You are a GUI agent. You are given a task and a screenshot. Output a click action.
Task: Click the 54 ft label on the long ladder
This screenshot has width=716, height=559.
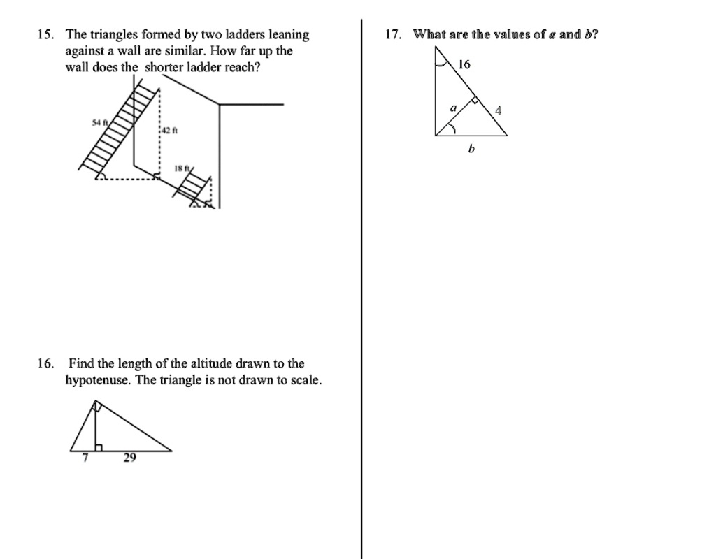point(99,122)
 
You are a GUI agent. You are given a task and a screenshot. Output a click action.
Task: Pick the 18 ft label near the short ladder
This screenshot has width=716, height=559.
point(181,169)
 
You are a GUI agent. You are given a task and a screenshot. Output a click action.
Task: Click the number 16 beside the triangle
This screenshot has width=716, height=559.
point(465,65)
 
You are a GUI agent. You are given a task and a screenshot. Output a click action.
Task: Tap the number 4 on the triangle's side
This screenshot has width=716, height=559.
point(498,110)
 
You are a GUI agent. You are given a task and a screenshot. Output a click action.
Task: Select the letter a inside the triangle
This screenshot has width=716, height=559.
point(452,108)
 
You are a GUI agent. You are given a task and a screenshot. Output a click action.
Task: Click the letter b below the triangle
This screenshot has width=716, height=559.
point(471,149)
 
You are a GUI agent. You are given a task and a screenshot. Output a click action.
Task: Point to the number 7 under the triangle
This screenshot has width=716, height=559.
point(85,458)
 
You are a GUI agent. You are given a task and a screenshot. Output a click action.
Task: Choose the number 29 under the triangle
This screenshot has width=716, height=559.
point(130,458)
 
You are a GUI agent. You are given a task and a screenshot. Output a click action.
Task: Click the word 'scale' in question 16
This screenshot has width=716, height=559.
point(305,381)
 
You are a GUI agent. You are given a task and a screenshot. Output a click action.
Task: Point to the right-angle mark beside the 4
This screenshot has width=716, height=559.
point(476,101)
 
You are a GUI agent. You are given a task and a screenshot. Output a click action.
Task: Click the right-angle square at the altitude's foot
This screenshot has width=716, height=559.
point(99,447)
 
